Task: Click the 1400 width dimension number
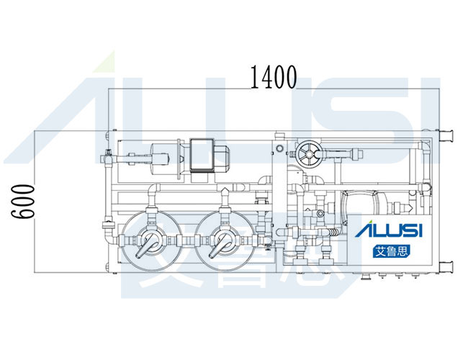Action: [x=274, y=77]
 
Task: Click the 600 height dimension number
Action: [x=23, y=202]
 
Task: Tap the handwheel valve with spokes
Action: [x=309, y=155]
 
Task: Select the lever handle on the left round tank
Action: [x=145, y=246]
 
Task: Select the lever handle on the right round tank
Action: [x=218, y=246]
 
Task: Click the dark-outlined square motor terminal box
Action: [x=202, y=156]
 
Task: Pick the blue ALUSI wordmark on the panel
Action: [x=389, y=230]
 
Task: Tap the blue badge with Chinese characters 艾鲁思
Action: [x=392, y=251]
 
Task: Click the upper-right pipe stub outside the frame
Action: [x=446, y=136]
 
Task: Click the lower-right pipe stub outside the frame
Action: [x=446, y=266]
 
